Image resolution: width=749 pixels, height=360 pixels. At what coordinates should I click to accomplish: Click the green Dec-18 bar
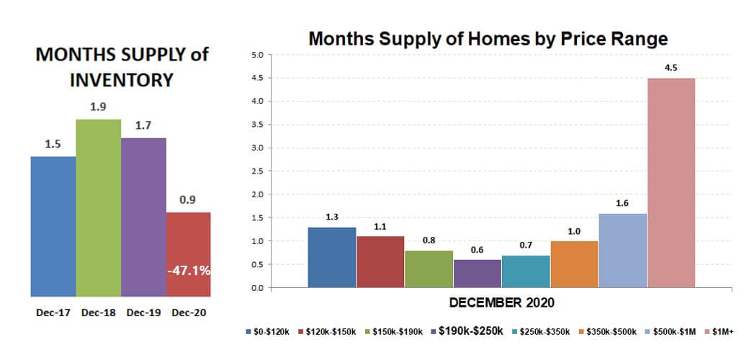point(98,208)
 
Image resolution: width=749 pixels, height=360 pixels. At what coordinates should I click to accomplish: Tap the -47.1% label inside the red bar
point(189,271)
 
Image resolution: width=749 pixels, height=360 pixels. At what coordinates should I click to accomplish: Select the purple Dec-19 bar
point(143,217)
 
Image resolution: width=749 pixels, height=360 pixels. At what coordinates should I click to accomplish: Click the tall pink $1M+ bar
point(670,183)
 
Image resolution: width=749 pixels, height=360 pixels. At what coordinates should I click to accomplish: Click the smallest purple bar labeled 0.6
point(477,274)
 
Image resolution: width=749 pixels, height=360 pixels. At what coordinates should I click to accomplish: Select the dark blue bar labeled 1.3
point(331,257)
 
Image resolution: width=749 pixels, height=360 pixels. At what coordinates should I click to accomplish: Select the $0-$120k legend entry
point(269,332)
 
